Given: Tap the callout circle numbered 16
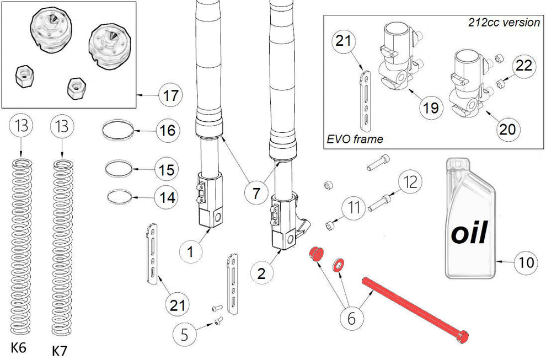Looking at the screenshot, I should [168, 131].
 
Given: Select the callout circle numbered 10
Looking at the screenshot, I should [527, 262].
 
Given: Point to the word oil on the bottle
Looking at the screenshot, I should [469, 233].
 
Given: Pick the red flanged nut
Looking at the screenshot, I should [316, 255].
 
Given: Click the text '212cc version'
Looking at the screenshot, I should [504, 23].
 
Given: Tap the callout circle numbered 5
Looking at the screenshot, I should [185, 334].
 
